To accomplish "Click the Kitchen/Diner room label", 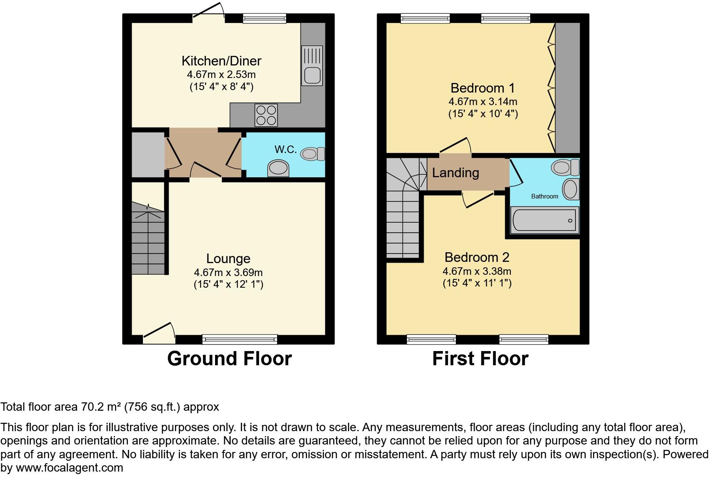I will pos(221,61).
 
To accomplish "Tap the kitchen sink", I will pos(312,66).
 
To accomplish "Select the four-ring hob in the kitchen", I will pos(266,115).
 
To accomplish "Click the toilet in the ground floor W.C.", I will pos(313,154).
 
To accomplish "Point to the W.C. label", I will pos(285,149).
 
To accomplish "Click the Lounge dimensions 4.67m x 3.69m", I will pos(228,273).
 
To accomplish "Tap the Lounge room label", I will pos(228,259).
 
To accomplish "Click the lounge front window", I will pos(240,339).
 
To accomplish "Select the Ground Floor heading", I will pos(229,359).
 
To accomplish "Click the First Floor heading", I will pos(480,359).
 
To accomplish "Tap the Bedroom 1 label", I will pos(482,88).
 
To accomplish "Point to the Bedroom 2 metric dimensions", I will pos(477,271).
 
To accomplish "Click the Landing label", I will pos(455,173).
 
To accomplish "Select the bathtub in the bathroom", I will pos(544,220).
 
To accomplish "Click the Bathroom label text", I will pos(544,196).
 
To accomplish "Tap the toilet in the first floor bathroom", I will pos(565,168).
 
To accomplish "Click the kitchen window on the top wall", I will pos(265,18).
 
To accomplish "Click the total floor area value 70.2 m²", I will pos(100,407).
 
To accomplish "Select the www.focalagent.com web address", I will pos(69,468).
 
